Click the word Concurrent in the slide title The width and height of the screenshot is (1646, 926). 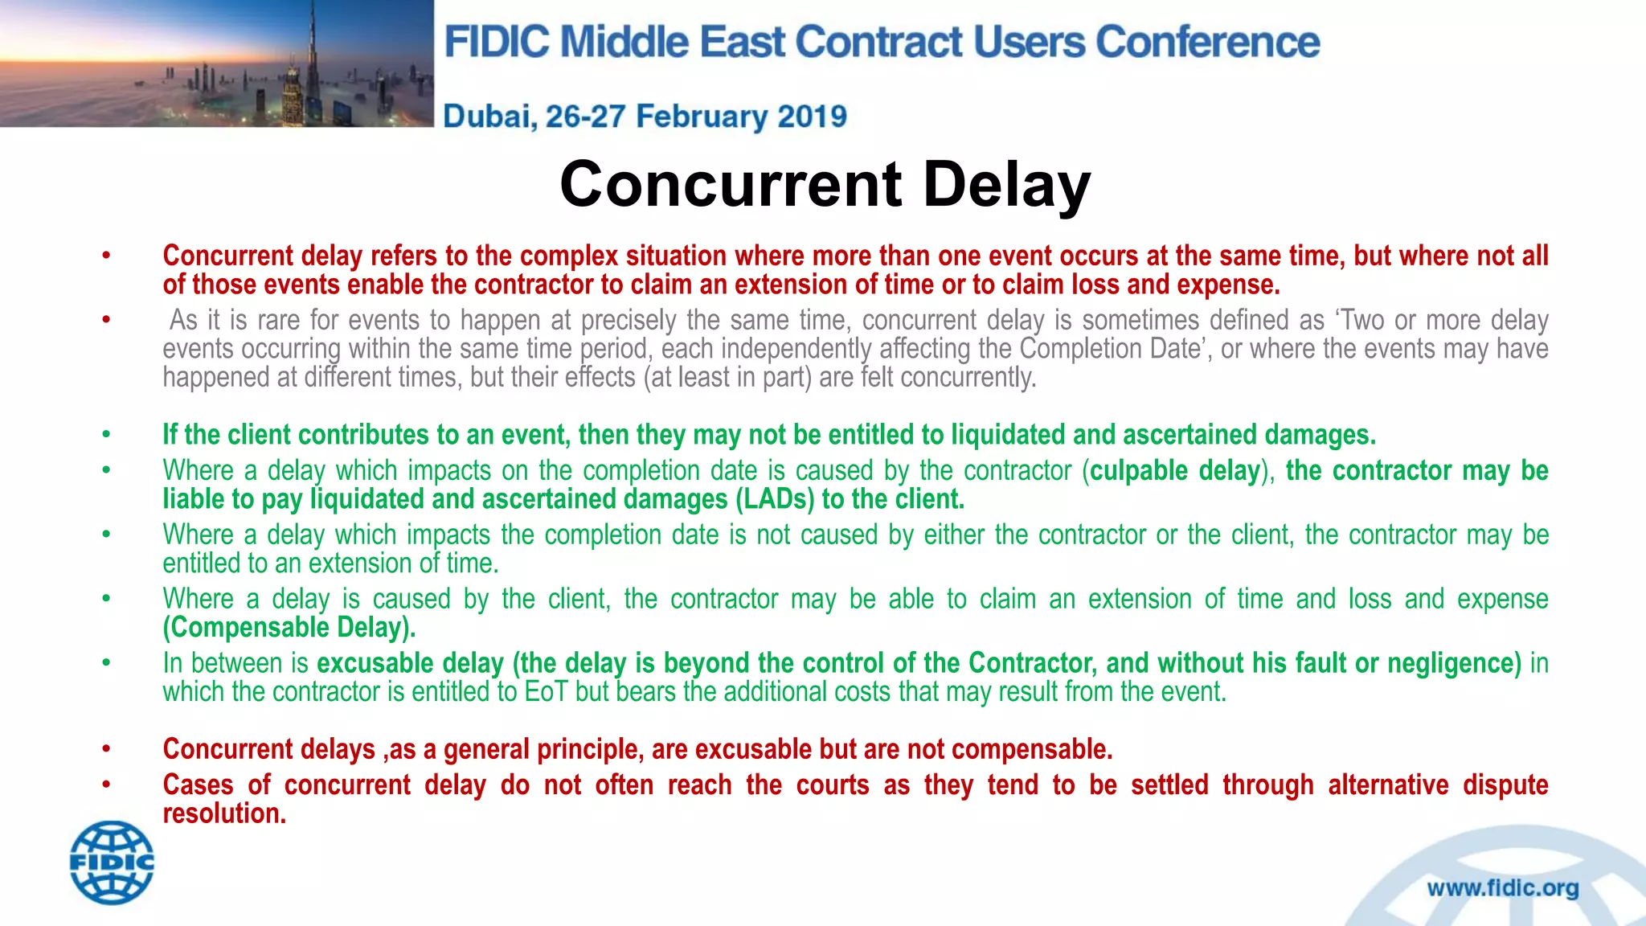click(x=731, y=184)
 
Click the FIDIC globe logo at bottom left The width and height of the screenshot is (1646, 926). click(x=112, y=862)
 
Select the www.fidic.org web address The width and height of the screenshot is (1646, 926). click(x=1502, y=888)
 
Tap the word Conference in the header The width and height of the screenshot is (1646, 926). click(x=1207, y=42)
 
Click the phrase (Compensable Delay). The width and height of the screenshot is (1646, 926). click(x=289, y=627)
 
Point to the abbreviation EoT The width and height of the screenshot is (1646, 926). click(x=547, y=691)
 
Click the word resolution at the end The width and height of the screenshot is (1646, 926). click(x=223, y=813)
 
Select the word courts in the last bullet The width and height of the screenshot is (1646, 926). click(x=833, y=785)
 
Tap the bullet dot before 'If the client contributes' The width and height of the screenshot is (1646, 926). click(x=106, y=435)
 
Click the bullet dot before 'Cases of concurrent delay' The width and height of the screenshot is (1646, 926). click(x=106, y=785)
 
